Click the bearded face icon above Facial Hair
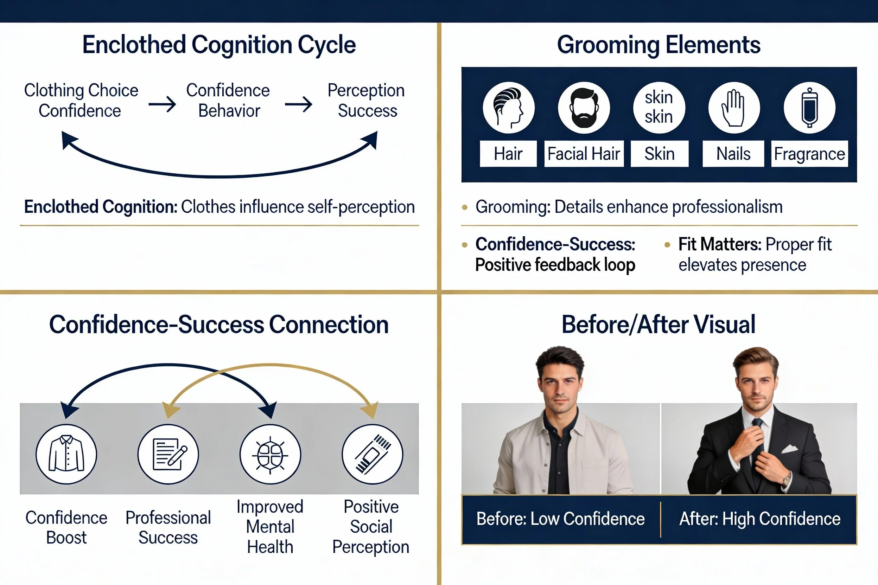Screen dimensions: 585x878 [584, 108]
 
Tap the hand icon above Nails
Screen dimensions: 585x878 [734, 108]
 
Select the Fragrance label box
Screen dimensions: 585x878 [809, 154]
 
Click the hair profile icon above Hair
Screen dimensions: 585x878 [508, 108]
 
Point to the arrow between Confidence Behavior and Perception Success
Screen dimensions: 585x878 [298, 104]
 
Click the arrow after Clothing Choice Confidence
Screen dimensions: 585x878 [162, 104]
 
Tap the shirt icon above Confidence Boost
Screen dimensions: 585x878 [66, 454]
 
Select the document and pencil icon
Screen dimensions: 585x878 [168, 454]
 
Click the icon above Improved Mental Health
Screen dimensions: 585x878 [270, 454]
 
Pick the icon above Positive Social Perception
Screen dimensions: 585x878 [372, 454]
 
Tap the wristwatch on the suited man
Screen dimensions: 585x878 [786, 479]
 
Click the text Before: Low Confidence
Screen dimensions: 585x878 [560, 519]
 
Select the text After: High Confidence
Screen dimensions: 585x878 [760, 519]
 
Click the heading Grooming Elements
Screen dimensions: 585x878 [658, 45]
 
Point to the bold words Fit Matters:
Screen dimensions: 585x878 [719, 244]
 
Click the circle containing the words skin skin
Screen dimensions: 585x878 [659, 108]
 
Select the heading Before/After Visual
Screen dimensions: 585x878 [658, 324]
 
